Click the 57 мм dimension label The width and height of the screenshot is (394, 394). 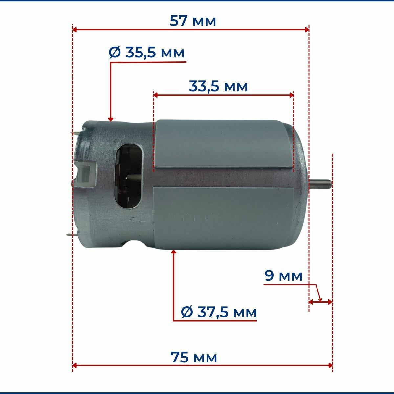pos(193,21)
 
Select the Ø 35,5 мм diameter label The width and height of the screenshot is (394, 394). pos(146,53)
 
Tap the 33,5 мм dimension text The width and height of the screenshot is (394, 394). pos(218,86)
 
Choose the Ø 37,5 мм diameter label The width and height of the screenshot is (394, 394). pos(219,313)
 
